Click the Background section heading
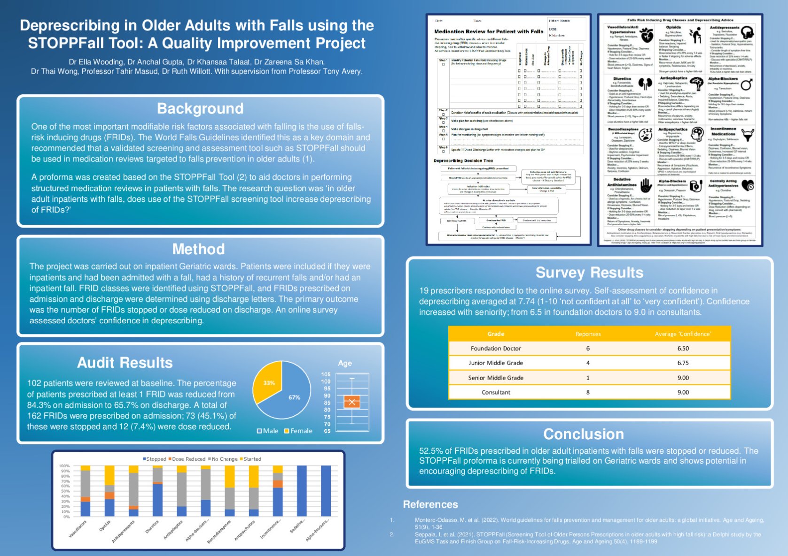click(x=200, y=108)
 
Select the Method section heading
click(x=198, y=249)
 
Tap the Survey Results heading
click(x=589, y=273)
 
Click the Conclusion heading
click(x=584, y=434)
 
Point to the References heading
click(x=430, y=504)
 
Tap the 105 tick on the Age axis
click(x=326, y=374)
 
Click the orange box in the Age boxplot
click(x=352, y=402)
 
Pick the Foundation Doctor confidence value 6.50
click(x=683, y=349)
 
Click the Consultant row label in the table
click(x=496, y=392)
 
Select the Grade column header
click(x=496, y=334)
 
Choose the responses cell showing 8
click(x=588, y=392)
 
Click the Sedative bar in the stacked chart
click(x=302, y=491)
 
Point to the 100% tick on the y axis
click(x=64, y=466)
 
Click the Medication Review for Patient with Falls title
click(x=489, y=31)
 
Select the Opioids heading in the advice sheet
click(x=673, y=27)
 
